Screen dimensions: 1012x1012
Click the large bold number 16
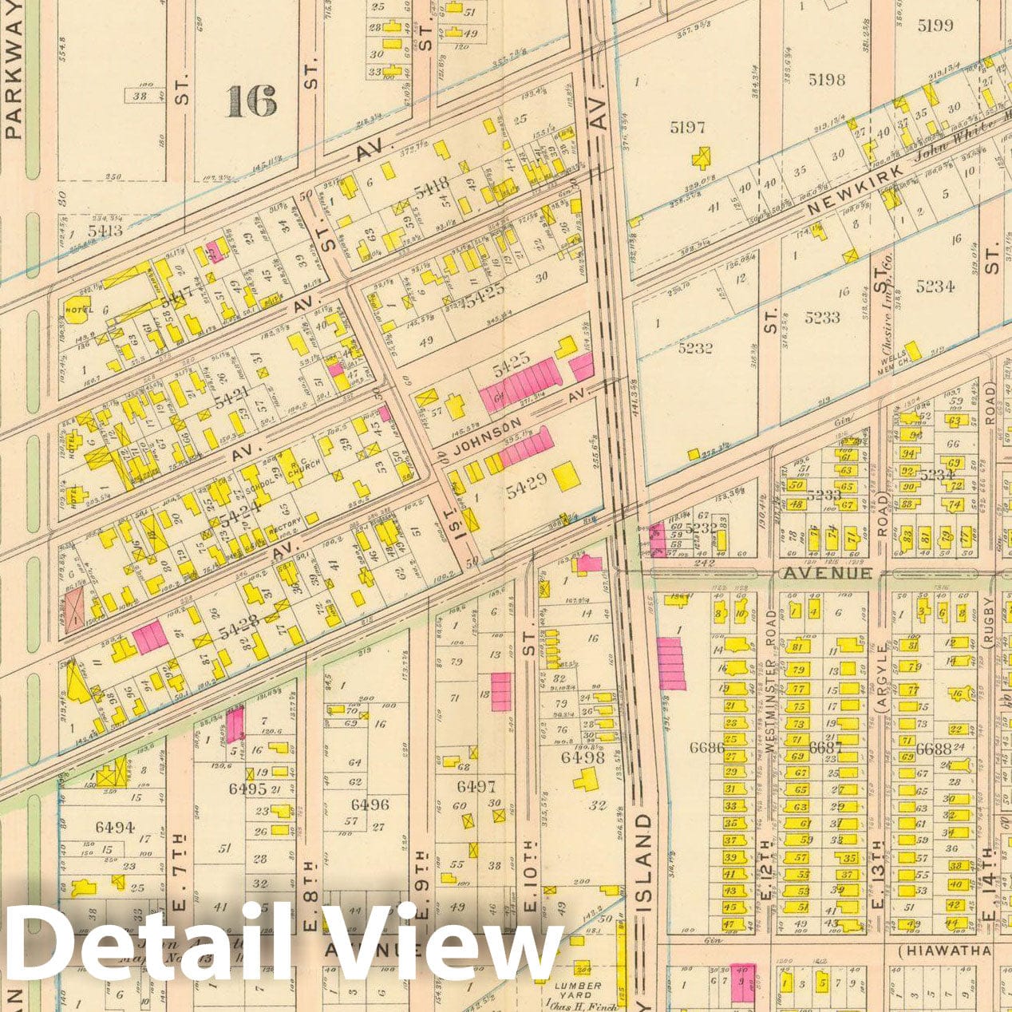251,101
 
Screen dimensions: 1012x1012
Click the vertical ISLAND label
644,862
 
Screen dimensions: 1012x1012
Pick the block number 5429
526,481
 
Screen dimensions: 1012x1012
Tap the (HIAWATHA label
944,951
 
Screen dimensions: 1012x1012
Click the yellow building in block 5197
702,158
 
